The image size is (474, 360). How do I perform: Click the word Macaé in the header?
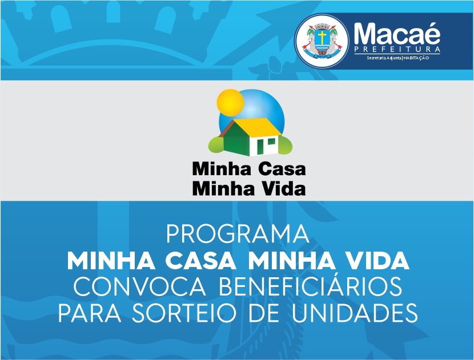coord(397,33)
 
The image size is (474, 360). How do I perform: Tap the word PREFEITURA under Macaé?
coord(397,49)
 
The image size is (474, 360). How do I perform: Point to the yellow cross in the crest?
coord(322,37)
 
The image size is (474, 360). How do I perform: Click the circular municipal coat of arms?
coord(322,41)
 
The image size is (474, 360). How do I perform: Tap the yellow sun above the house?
coord(230,103)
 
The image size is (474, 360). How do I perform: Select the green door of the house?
coord(260,147)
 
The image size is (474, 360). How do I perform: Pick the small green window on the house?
coord(271,141)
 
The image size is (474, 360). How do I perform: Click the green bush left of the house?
coord(216,144)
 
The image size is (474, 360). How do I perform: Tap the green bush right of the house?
coord(286,145)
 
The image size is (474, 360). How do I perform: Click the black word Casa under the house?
coord(282,169)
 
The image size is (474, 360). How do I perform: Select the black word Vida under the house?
coord(283,188)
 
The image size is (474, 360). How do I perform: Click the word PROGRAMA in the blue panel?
coord(238,234)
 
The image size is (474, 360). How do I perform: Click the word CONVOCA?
coord(140,286)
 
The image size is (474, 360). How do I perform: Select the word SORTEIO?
coord(184,313)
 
